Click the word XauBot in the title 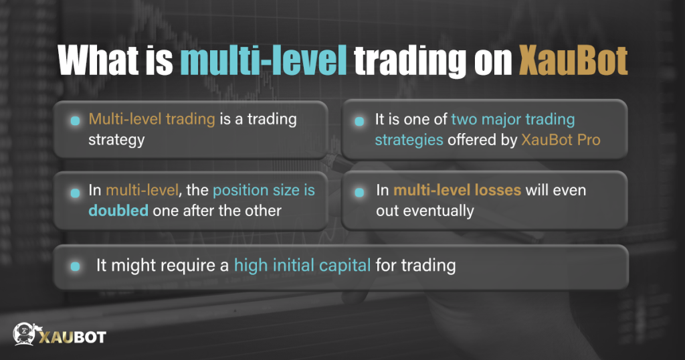[574, 62]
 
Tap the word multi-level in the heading [264, 62]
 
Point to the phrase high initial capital [302, 265]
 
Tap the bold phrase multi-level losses [458, 191]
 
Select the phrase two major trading [513, 120]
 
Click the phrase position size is [264, 191]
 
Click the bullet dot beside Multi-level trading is [76, 120]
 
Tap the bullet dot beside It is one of [359, 121]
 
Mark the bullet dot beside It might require [76, 266]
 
